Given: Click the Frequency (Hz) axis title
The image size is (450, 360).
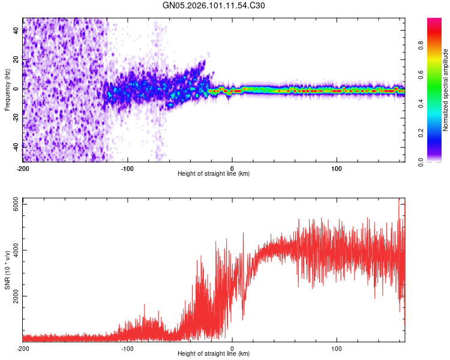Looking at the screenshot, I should pyautogui.click(x=8, y=90).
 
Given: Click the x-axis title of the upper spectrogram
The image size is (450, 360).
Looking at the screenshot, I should pyautogui.click(x=214, y=173).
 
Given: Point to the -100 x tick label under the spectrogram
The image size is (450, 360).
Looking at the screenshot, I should pyautogui.click(x=127, y=167).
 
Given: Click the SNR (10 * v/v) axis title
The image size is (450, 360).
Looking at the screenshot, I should pyautogui.click(x=8, y=270).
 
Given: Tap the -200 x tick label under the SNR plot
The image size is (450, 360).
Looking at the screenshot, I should pyautogui.click(x=23, y=347).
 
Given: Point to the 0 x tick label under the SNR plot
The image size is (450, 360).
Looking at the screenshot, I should pyautogui.click(x=232, y=347).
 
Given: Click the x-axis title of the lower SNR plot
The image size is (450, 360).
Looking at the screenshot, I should pyautogui.click(x=214, y=353).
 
